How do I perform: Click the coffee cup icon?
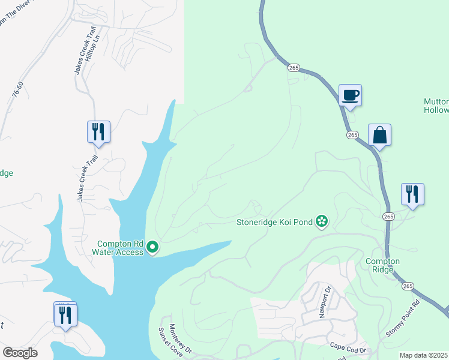pyautogui.click(x=350, y=95)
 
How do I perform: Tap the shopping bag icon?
pyautogui.click(x=379, y=134)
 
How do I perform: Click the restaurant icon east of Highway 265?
pyautogui.click(x=412, y=194)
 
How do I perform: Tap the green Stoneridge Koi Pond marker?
pyautogui.click(x=322, y=222)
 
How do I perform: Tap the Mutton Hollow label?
pyautogui.click(x=436, y=106)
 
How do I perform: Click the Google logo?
pyautogui.click(x=20, y=352)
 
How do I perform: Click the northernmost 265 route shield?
pyautogui.click(x=292, y=68)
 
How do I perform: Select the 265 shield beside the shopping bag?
pyautogui.click(x=352, y=135)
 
